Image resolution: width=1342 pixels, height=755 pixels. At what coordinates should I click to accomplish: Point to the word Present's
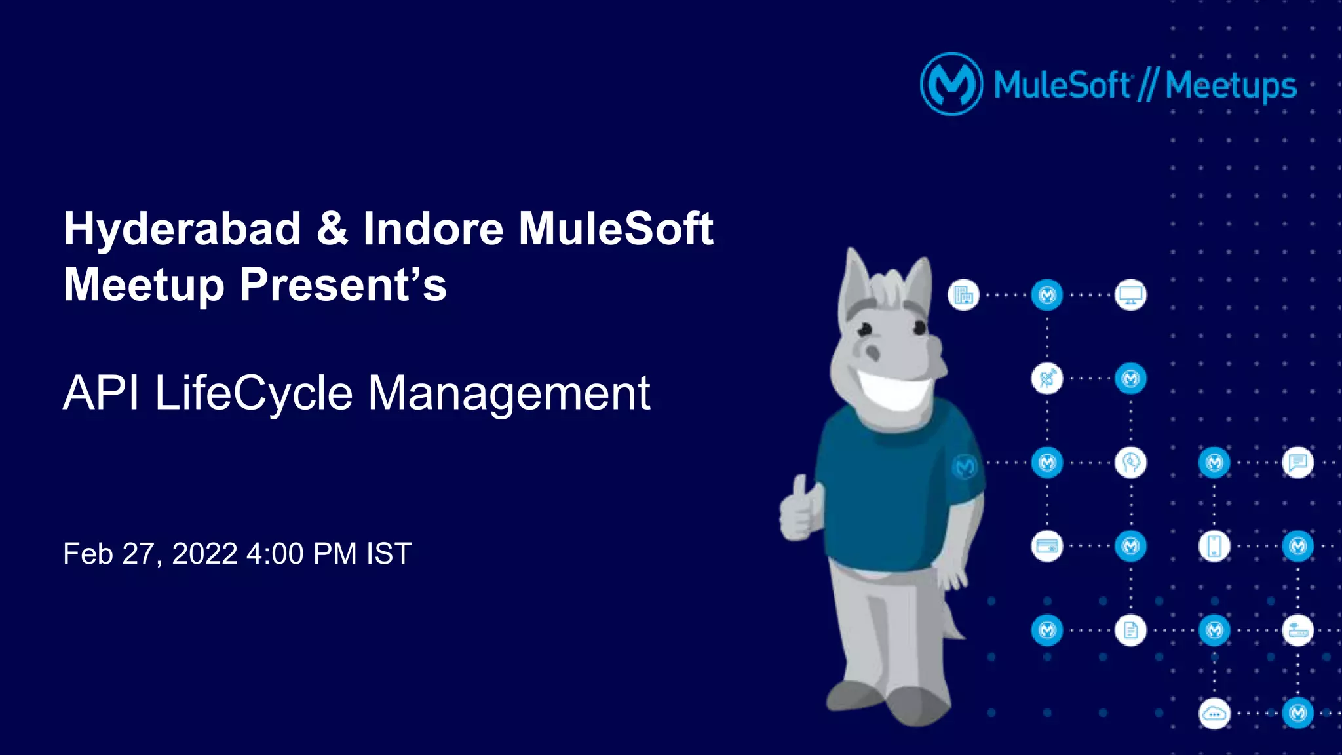click(343, 285)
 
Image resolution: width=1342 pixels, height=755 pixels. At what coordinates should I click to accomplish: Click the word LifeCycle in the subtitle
click(254, 393)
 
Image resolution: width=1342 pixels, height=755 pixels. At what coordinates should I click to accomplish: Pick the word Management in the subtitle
click(508, 393)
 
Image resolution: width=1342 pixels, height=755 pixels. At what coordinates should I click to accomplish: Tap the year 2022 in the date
click(204, 554)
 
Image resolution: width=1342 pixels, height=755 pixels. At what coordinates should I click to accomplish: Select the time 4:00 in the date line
click(275, 554)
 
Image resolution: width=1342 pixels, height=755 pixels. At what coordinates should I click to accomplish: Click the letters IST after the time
click(389, 554)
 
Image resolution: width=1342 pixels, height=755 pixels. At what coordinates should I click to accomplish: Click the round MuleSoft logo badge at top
click(951, 85)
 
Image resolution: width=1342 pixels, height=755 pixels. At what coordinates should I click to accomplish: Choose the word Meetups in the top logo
click(1231, 86)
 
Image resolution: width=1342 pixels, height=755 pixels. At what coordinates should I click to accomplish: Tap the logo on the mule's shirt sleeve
click(965, 467)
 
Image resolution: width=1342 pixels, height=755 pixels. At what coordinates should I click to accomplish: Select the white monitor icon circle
click(1130, 295)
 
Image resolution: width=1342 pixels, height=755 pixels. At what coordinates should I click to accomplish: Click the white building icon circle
click(963, 295)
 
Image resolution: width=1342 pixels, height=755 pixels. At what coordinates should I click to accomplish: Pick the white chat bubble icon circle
click(1297, 463)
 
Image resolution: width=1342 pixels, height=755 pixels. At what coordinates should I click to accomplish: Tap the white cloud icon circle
click(1214, 714)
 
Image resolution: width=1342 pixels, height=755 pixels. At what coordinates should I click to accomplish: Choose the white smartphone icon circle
click(1214, 546)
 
